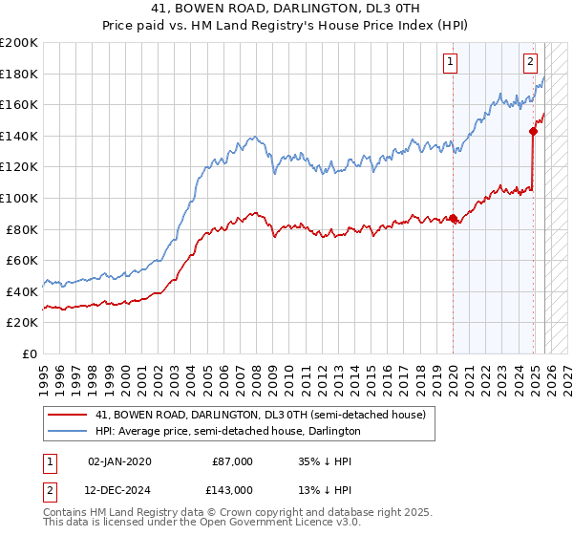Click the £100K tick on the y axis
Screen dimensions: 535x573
pyautogui.click(x=19, y=198)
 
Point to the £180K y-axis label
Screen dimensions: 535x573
pyautogui.click(x=19, y=74)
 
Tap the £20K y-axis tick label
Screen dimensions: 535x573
pyautogui.click(x=22, y=323)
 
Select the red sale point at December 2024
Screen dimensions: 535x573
pyautogui.click(x=533, y=132)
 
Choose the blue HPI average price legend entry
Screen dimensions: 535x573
pyautogui.click(x=227, y=432)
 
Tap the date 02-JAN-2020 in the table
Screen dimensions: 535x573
pyautogui.click(x=118, y=461)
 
